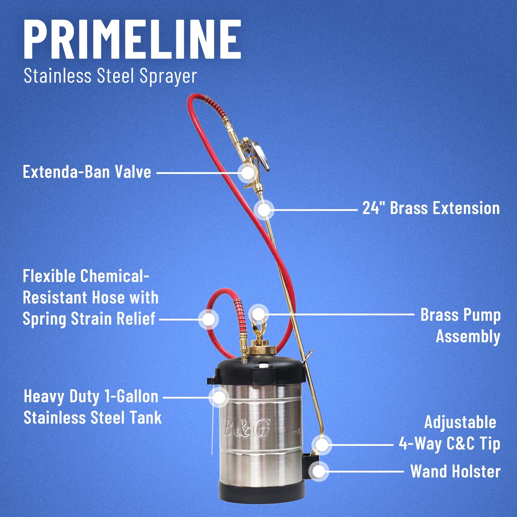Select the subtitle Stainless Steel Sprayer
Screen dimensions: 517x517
[110, 76]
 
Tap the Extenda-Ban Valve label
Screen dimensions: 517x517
[87, 172]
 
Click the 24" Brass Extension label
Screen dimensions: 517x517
[431, 208]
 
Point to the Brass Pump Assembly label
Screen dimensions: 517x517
[460, 325]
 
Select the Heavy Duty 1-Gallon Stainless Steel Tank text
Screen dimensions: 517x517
[93, 407]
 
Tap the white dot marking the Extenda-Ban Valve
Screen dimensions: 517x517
[248, 173]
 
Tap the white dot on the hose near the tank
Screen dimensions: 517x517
[208, 319]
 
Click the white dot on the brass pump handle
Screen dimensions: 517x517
[258, 313]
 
